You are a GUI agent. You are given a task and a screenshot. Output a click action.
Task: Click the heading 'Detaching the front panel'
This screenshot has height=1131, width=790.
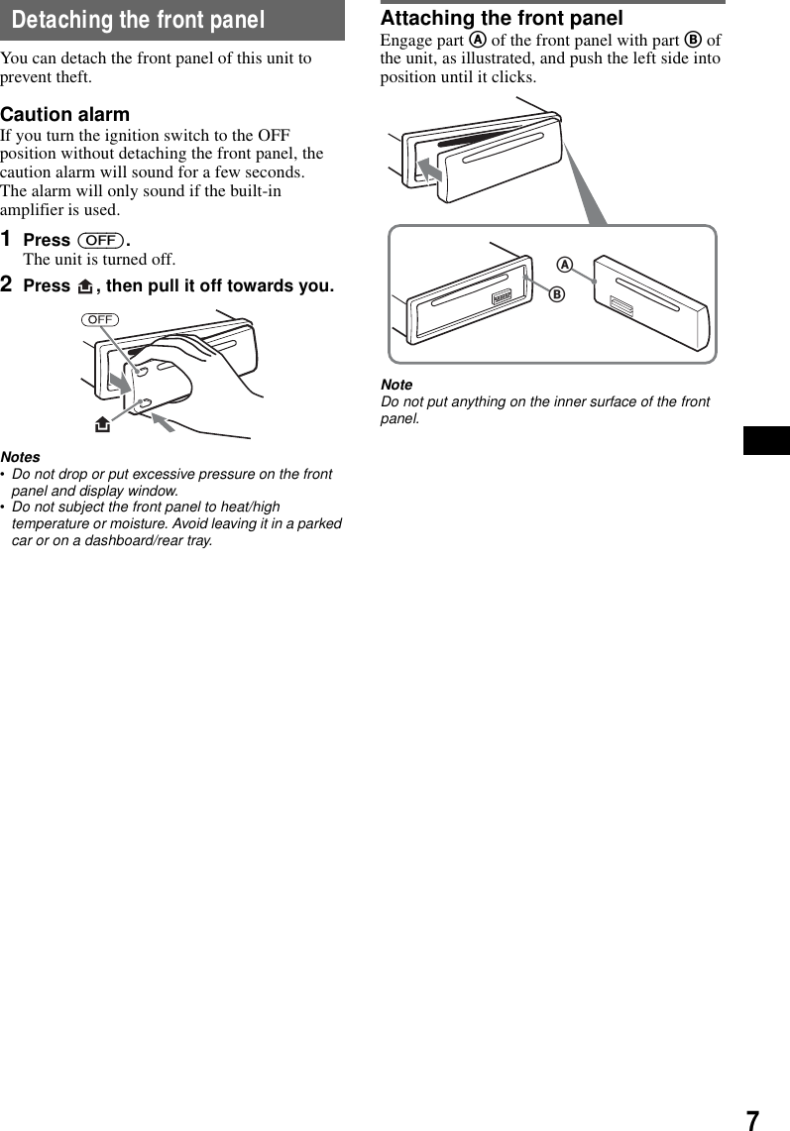pos(139,20)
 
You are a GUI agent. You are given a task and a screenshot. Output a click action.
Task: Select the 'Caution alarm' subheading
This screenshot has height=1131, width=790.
pos(64,114)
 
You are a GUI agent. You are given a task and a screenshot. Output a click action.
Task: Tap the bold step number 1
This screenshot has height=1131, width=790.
pos(7,240)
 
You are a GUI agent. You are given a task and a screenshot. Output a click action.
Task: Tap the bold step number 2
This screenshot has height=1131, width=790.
pos(7,285)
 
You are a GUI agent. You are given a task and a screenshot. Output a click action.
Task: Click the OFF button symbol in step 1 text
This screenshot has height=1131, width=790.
pos(101,241)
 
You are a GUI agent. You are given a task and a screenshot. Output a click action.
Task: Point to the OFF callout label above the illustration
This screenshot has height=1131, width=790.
pos(100,319)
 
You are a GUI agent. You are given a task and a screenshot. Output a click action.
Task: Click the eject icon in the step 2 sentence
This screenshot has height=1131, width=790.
pos(84,286)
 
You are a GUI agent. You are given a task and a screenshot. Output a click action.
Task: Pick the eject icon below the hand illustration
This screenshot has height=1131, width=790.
pos(102,425)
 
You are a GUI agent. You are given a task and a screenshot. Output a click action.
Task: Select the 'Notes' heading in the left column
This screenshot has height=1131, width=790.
pos(21,457)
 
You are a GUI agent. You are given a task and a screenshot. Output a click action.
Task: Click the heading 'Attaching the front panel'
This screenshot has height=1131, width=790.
pos(502,18)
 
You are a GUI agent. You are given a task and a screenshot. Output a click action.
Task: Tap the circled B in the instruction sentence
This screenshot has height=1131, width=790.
pos(693,41)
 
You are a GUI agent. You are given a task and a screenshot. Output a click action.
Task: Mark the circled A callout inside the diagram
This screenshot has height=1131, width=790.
pos(564,265)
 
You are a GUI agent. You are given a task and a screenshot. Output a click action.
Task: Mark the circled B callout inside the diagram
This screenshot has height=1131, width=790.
pos(557,294)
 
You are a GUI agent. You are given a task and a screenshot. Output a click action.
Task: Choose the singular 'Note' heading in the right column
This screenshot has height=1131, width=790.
pos(396,385)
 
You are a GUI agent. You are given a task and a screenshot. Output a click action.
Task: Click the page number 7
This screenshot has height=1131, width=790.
pos(752,1120)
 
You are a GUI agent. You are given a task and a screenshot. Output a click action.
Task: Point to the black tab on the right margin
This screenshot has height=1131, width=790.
pos(766,440)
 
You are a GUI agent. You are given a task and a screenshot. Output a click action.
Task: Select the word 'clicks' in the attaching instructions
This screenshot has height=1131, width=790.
pos(514,77)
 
